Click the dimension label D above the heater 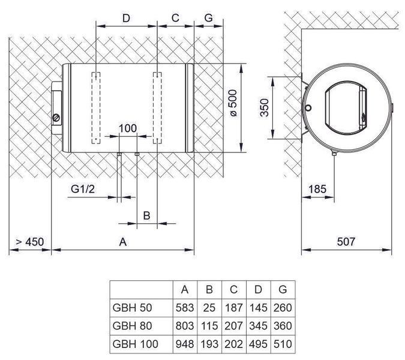tap(126, 19)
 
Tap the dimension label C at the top tap(175, 18)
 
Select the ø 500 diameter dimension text tap(233, 103)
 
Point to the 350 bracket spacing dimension tap(265, 107)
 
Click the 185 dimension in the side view tap(317, 189)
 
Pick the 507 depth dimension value tap(346, 242)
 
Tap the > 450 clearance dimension tap(30, 242)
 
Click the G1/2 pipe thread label tap(83, 189)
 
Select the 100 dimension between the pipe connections tap(128, 128)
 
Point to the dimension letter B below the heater tap(147, 215)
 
